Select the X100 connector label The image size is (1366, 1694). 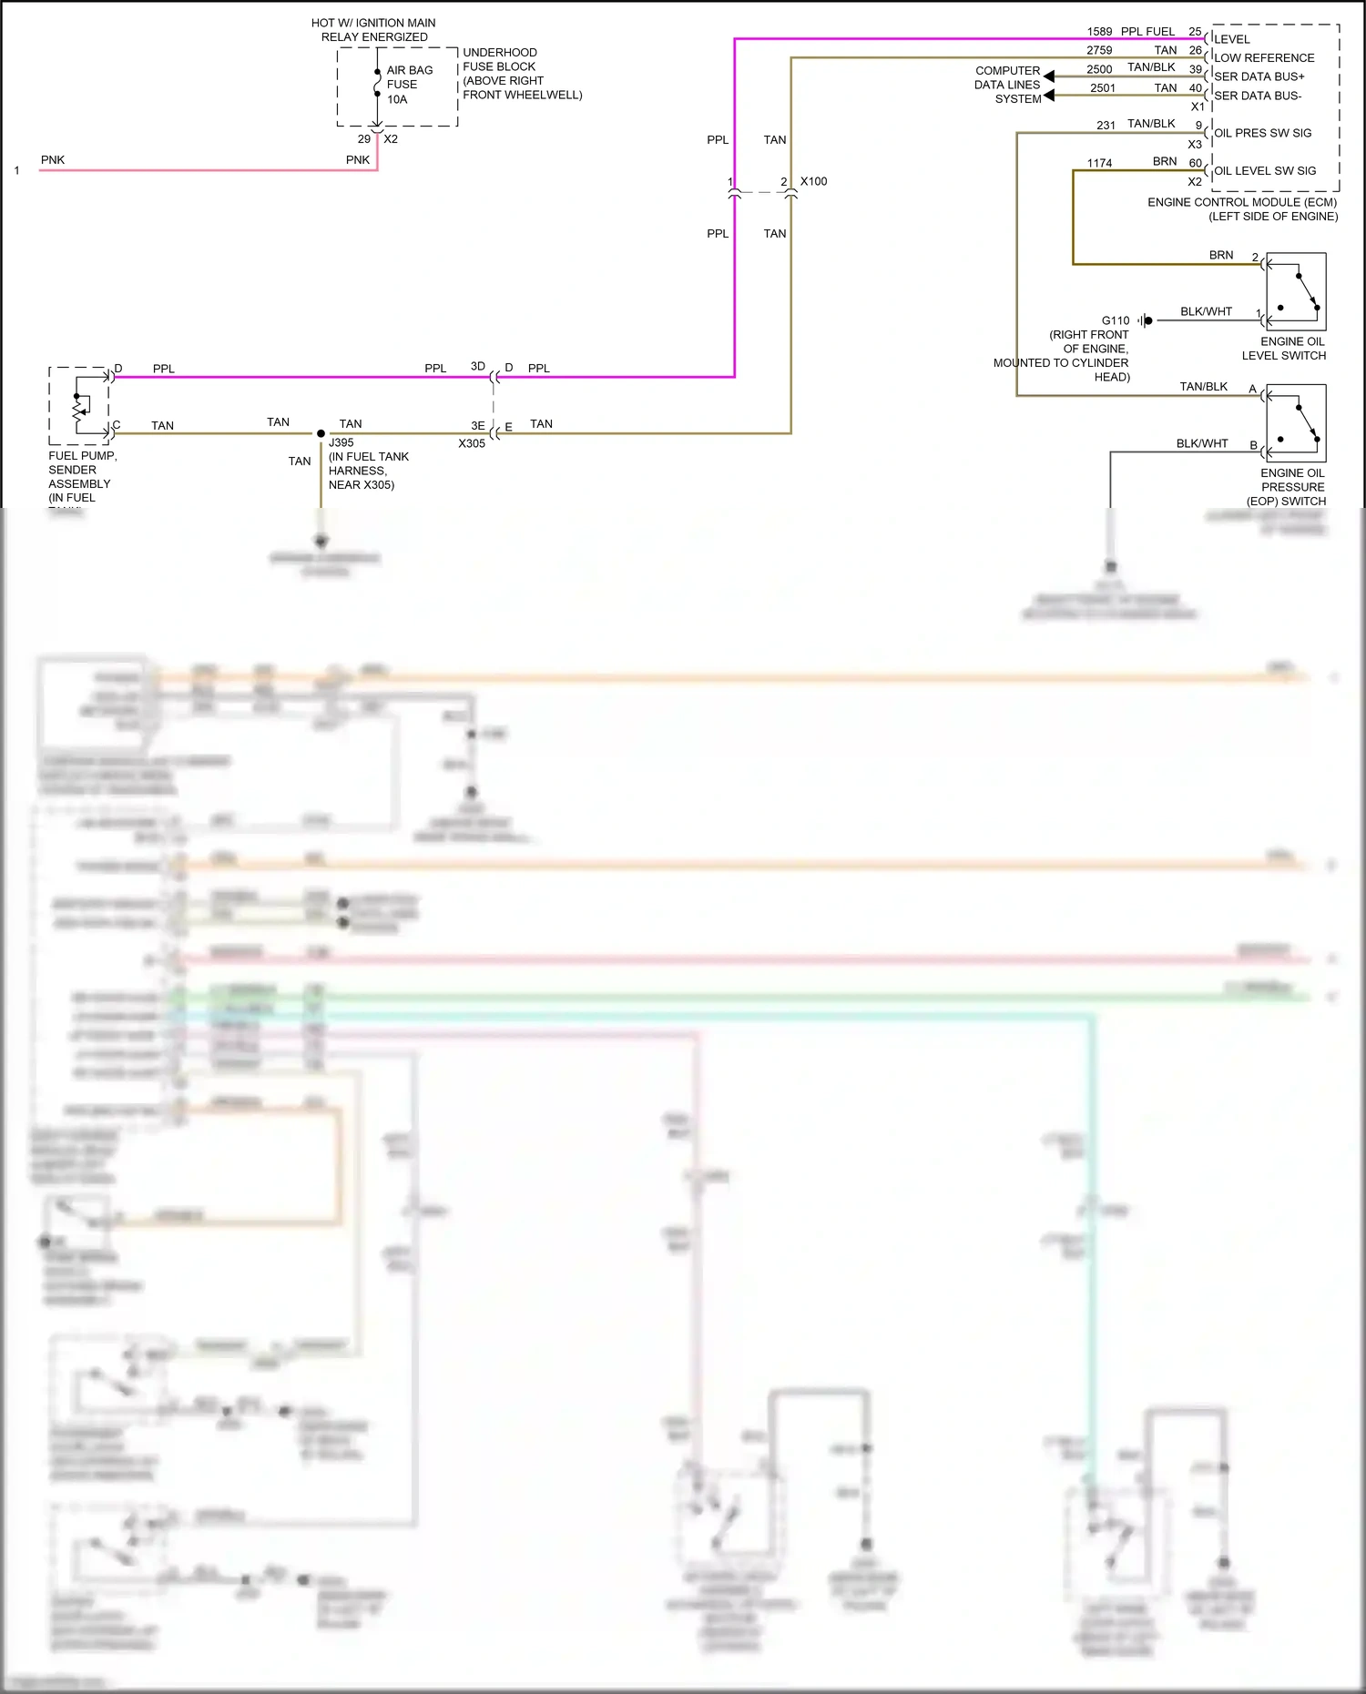(813, 181)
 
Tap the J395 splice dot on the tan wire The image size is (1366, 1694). (321, 433)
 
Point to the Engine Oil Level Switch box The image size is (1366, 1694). (1295, 291)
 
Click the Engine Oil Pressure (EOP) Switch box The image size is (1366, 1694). (1295, 423)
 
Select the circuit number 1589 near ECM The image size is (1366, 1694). (1099, 32)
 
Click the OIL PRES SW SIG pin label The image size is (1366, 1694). (1262, 133)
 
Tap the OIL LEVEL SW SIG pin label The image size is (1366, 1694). (1264, 171)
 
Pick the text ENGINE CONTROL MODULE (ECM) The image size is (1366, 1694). (1242, 202)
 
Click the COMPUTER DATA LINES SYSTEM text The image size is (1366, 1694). (1007, 85)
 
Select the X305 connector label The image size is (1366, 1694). (472, 443)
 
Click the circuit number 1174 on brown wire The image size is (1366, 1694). (1099, 163)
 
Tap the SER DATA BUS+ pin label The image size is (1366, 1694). (1259, 76)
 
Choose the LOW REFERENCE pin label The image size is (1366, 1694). (1264, 57)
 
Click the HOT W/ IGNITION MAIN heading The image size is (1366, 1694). (373, 23)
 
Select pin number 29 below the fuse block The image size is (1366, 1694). (364, 139)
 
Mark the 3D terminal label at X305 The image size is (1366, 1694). (477, 366)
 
